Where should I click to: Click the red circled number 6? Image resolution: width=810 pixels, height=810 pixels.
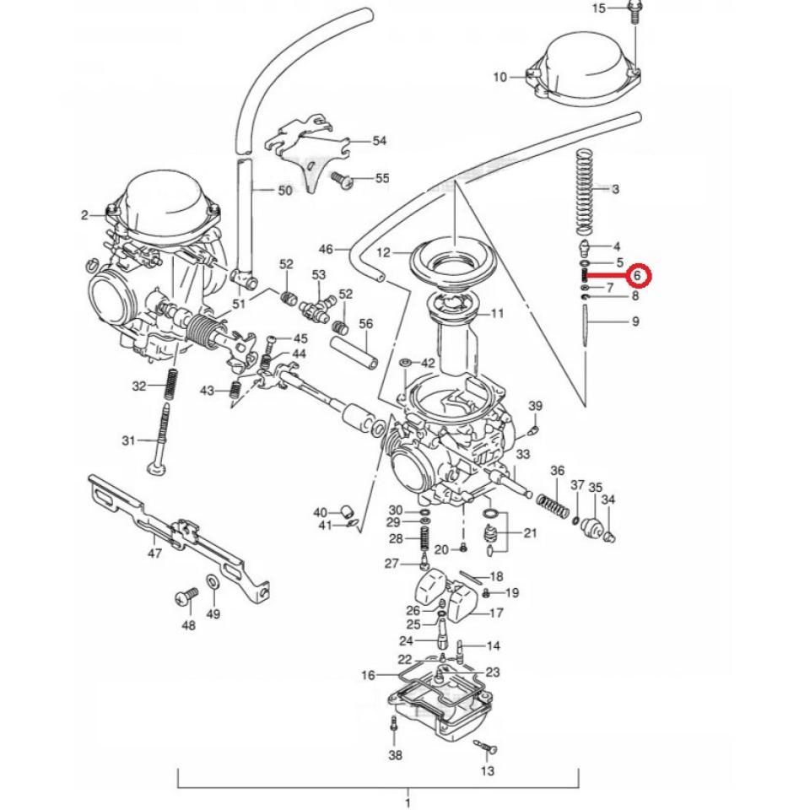click(x=638, y=275)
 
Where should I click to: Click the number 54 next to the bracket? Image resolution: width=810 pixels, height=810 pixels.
click(x=379, y=140)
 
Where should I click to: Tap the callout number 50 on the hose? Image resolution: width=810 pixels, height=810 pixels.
click(x=285, y=191)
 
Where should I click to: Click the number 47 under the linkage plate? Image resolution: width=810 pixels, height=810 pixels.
click(x=154, y=553)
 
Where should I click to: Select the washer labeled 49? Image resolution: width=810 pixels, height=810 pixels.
click(x=213, y=583)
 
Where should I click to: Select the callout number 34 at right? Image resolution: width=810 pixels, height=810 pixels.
click(x=608, y=500)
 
